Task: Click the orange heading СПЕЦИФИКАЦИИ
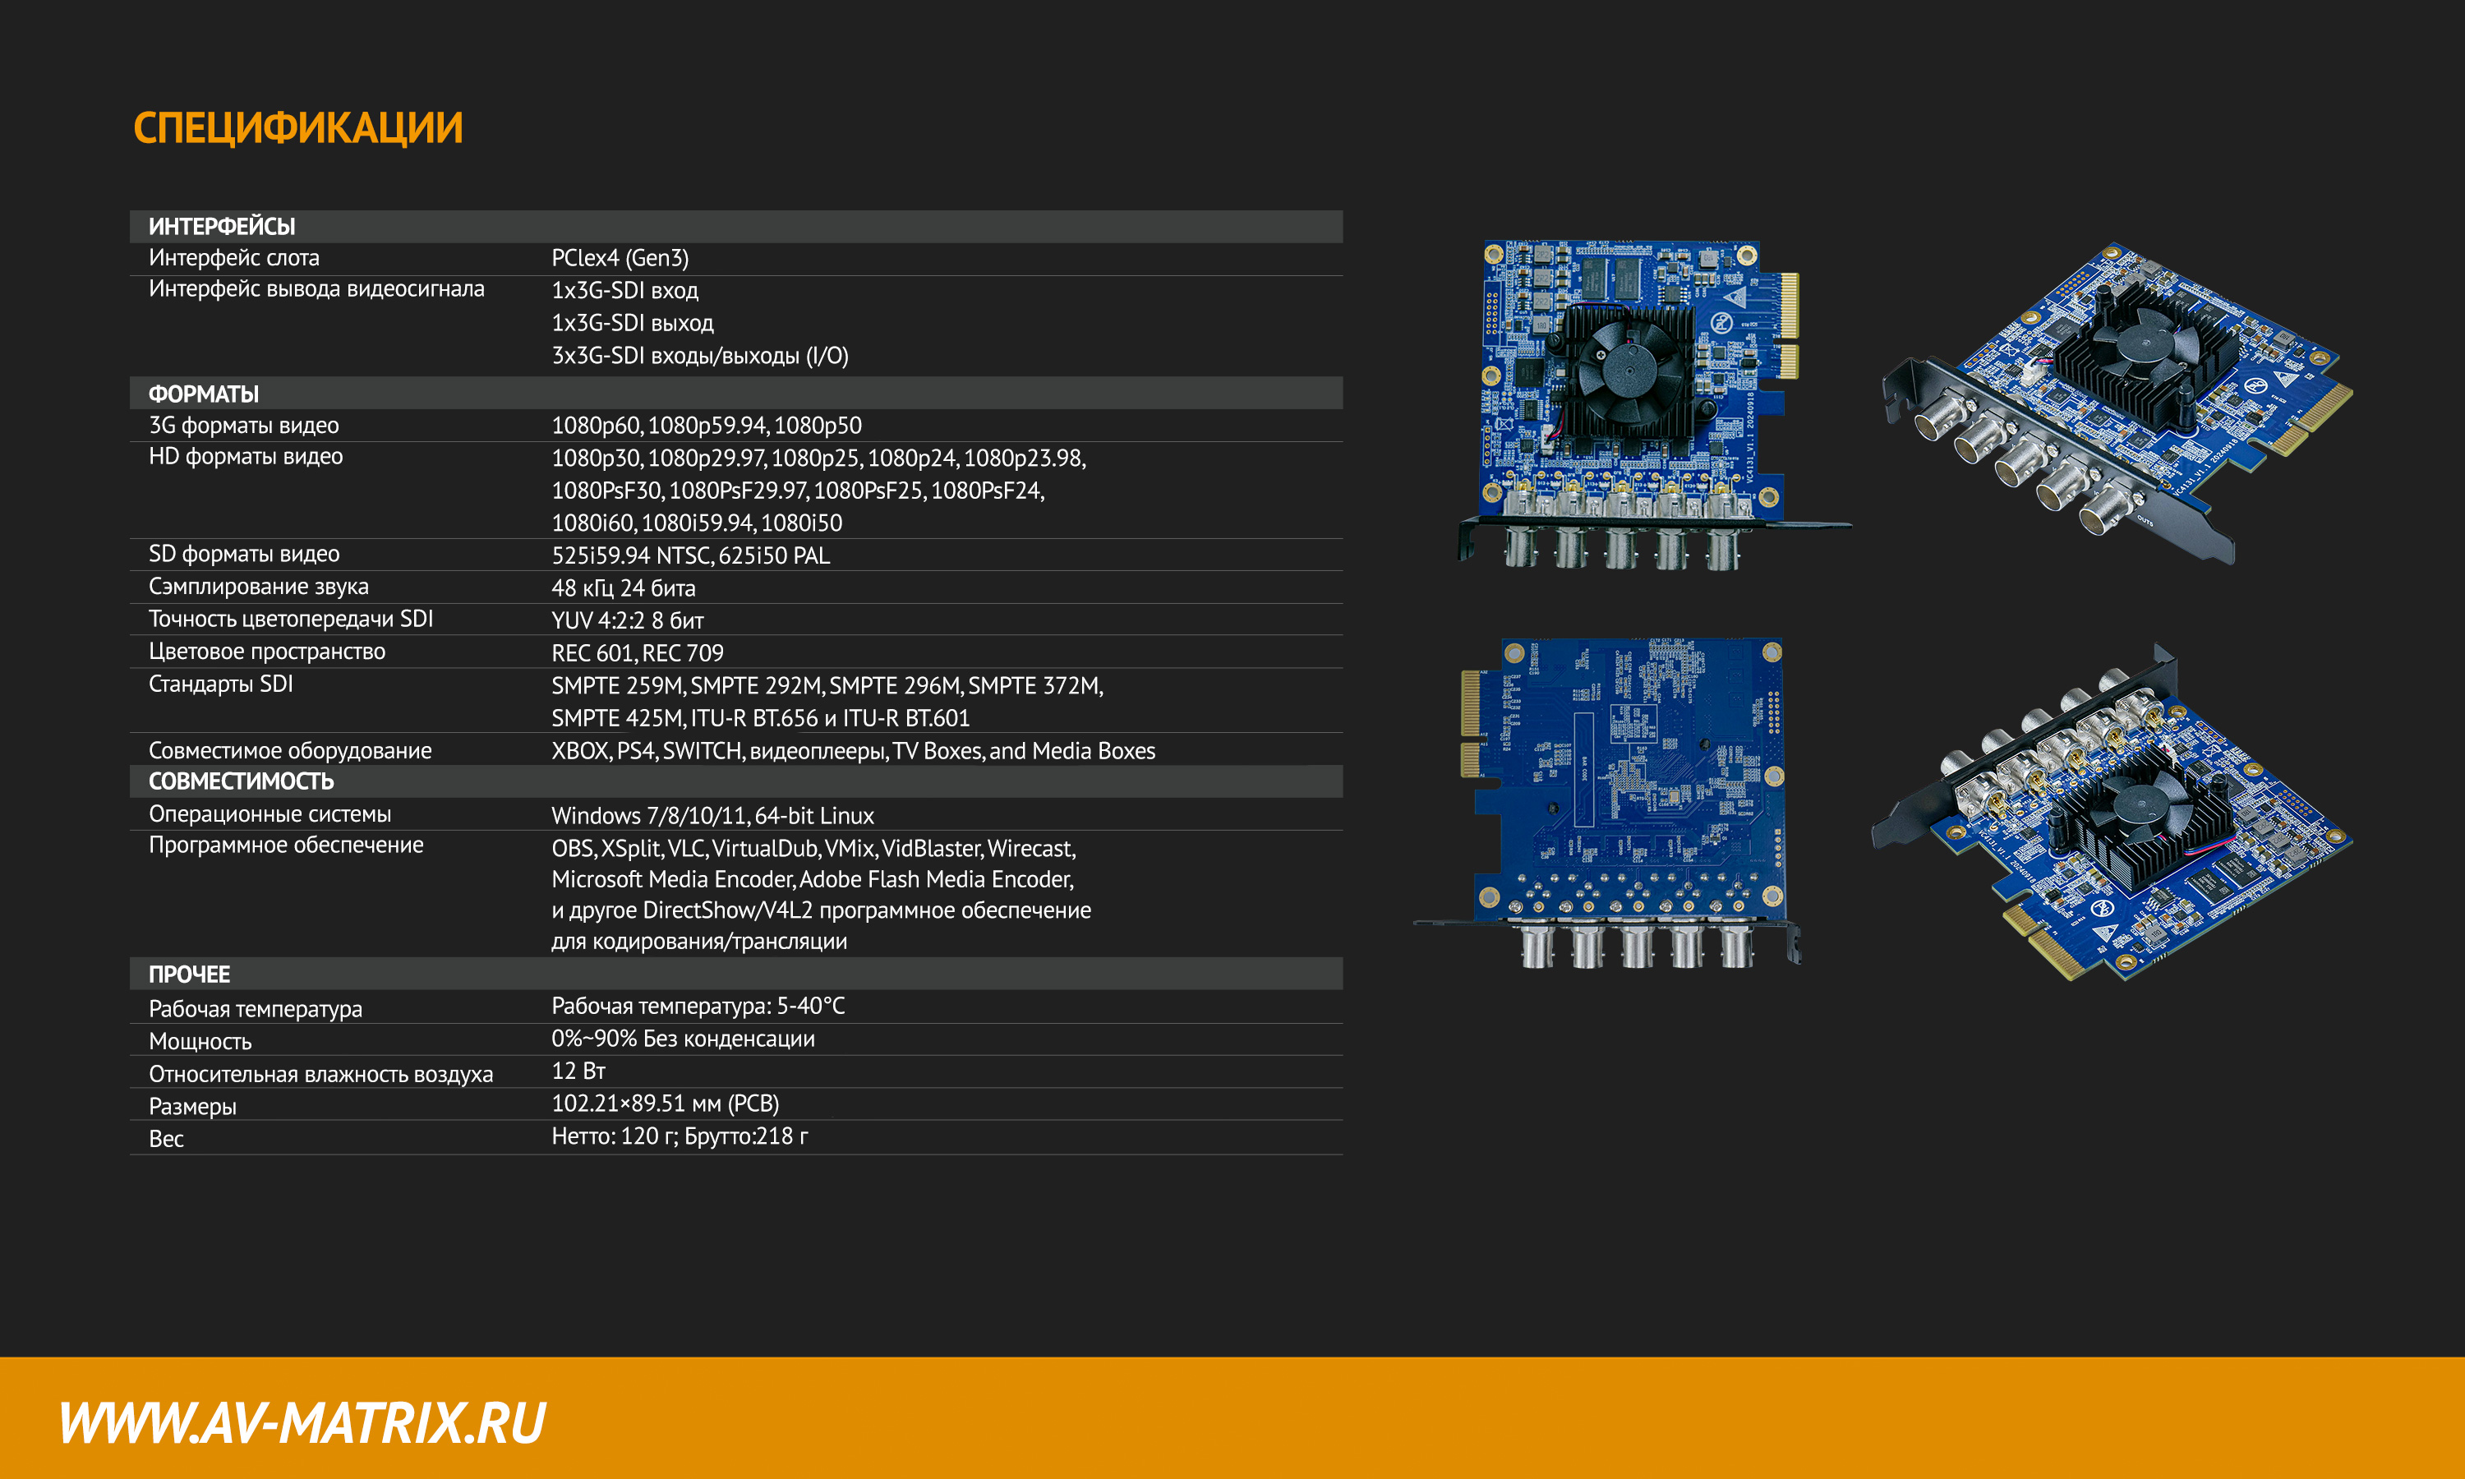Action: coord(298,127)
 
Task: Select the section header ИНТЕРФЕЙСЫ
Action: coord(221,226)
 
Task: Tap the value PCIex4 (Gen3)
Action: coord(620,258)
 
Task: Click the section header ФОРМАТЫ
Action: coord(203,394)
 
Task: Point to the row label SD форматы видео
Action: coord(244,554)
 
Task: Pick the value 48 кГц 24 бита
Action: coord(623,588)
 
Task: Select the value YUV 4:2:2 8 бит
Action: coord(628,620)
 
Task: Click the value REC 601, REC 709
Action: coord(638,652)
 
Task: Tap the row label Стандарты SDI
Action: coord(220,684)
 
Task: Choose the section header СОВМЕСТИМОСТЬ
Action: coord(241,781)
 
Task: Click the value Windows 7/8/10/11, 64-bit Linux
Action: coord(712,815)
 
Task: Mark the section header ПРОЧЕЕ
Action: coord(189,974)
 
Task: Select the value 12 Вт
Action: coord(578,1071)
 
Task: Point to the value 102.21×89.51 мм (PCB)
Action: coord(665,1103)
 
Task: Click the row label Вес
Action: coord(167,1139)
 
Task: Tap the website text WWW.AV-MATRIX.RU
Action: coord(302,1422)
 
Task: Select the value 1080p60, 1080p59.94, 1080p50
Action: coord(707,426)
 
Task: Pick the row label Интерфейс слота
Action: coord(234,258)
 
